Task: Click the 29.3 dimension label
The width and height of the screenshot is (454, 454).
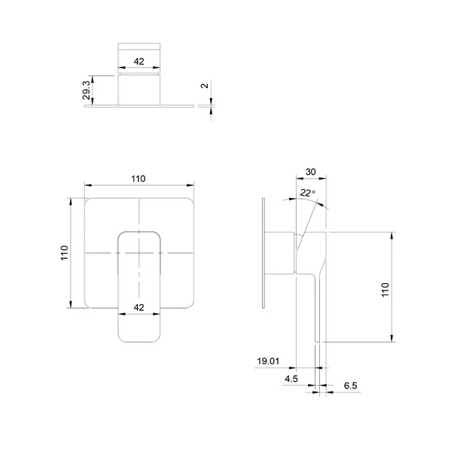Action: (x=87, y=90)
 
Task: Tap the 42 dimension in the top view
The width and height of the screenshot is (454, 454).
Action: (x=139, y=62)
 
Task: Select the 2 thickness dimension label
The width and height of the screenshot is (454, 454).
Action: (x=205, y=86)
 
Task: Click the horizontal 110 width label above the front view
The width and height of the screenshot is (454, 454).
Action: (x=138, y=178)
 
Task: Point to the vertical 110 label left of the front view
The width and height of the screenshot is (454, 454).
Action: (x=64, y=253)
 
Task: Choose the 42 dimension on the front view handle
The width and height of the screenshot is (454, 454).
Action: (x=139, y=307)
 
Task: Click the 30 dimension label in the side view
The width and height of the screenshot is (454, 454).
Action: (x=311, y=172)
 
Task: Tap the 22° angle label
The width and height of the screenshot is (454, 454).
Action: (x=308, y=193)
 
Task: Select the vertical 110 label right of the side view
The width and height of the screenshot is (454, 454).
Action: (x=385, y=290)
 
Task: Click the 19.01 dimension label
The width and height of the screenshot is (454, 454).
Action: (x=268, y=361)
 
